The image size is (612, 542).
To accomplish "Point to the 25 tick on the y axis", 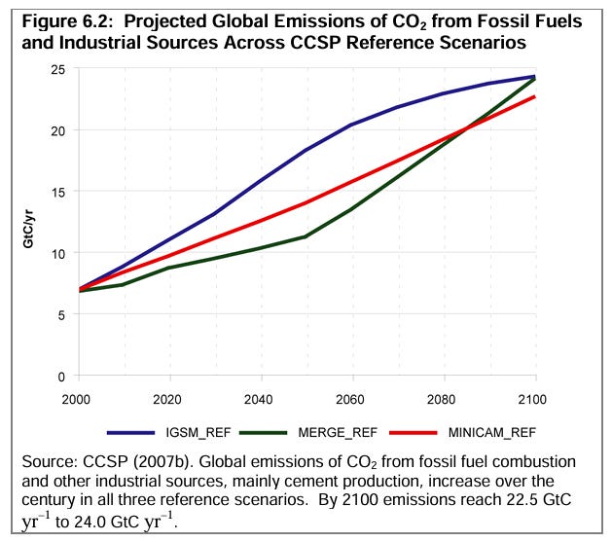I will point(57,69).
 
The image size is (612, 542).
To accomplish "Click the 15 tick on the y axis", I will point(57,192).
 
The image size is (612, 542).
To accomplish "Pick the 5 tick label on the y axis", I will point(60,314).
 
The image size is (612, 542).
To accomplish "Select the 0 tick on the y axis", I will point(60,376).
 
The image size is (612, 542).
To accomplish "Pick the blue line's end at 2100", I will point(535,76).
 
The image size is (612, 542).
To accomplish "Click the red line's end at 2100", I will point(535,96).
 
